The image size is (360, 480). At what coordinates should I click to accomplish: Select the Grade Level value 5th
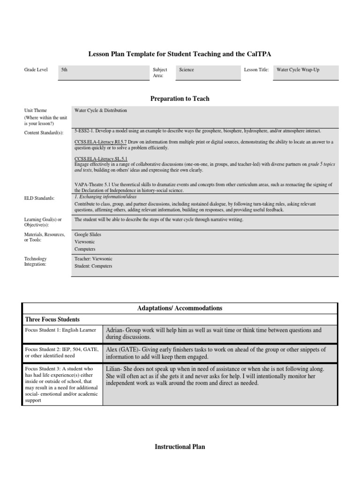pyautogui.click(x=65, y=70)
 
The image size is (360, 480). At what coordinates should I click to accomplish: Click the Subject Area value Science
pyautogui.click(x=186, y=70)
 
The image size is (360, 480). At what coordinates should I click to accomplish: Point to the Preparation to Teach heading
pyautogui.click(x=180, y=98)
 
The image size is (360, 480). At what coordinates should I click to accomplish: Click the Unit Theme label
pyautogui.click(x=36, y=111)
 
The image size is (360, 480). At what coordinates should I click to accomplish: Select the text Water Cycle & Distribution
pyautogui.click(x=100, y=111)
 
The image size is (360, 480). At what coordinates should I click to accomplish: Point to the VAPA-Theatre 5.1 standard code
pyautogui.click(x=91, y=185)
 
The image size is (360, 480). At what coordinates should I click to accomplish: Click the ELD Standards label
pyautogui.click(x=39, y=198)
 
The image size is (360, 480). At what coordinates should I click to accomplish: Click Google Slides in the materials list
pyautogui.click(x=88, y=234)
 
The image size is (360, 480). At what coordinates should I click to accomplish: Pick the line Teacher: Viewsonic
pyautogui.click(x=93, y=259)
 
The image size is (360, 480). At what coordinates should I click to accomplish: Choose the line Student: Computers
pyautogui.click(x=93, y=266)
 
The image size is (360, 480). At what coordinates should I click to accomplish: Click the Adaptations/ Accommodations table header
pyautogui.click(x=180, y=308)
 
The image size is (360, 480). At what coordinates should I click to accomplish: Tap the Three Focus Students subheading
pyautogui.click(x=52, y=319)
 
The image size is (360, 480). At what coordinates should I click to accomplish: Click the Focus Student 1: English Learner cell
pyautogui.click(x=60, y=330)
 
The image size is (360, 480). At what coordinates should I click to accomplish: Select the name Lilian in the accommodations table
pyautogui.click(x=113, y=369)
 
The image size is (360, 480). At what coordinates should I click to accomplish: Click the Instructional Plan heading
pyautogui.click(x=180, y=447)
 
